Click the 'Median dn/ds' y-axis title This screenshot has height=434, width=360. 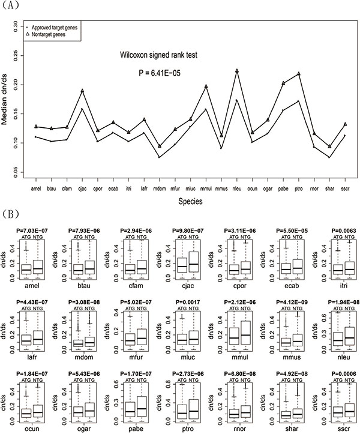coord(7,98)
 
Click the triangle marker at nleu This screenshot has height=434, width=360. coord(237,71)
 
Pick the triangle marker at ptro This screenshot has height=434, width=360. coord(298,74)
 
